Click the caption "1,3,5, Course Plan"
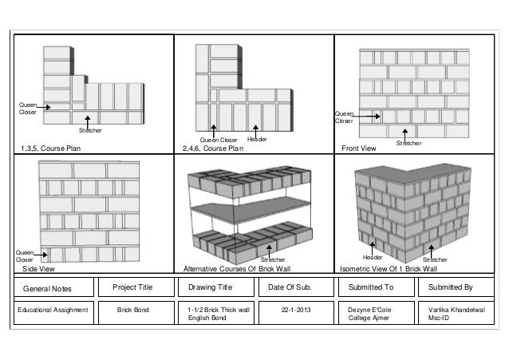(56, 148)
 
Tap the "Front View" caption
(358, 148)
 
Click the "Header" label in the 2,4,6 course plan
(257, 139)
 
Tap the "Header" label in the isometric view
(373, 259)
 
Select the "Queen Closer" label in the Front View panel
(344, 117)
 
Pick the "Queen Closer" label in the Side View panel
(26, 256)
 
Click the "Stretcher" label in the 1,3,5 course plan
(90, 129)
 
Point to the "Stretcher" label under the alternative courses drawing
(274, 259)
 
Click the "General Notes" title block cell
(47, 288)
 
